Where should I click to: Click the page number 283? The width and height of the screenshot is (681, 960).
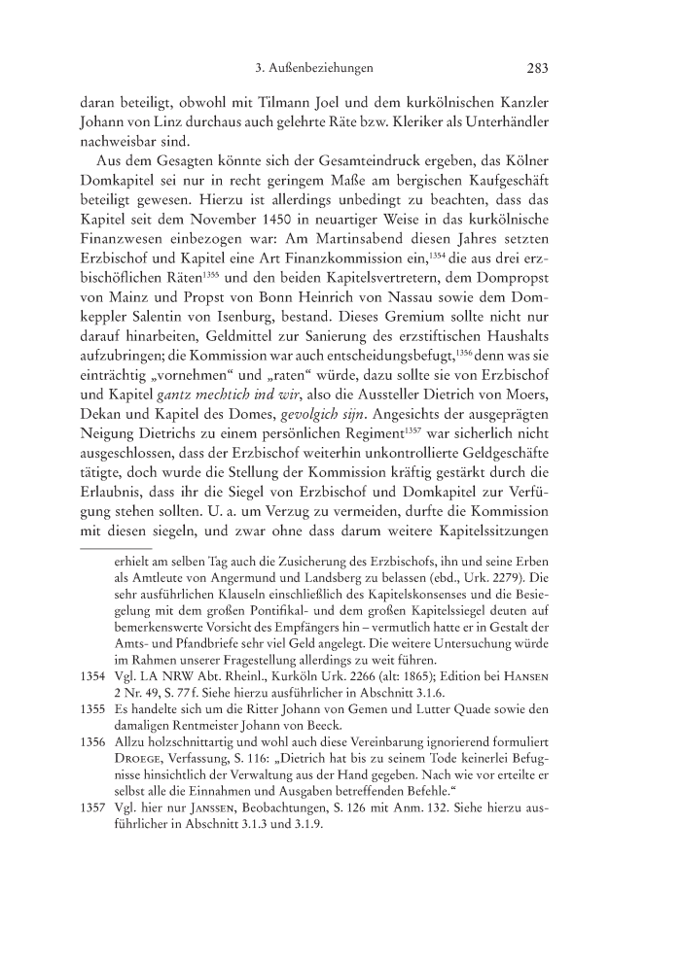click(537, 68)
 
